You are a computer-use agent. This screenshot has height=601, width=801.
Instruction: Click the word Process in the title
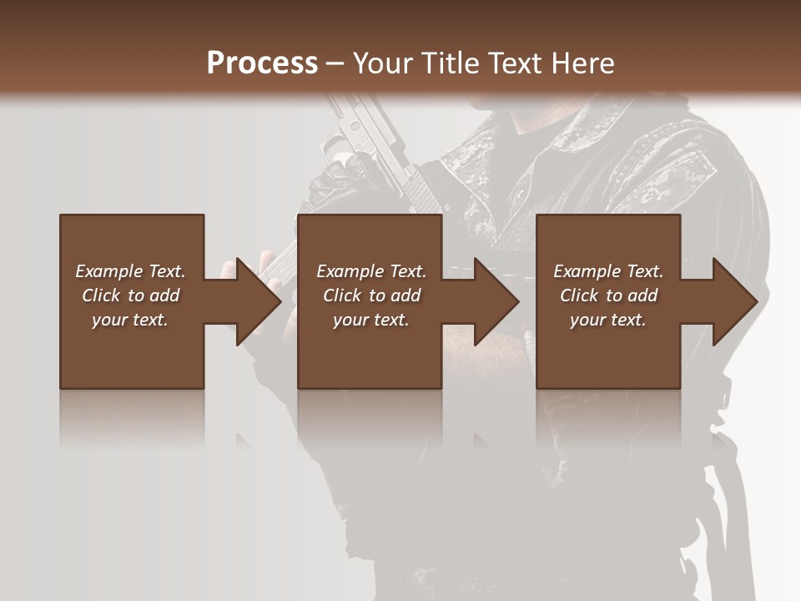point(262,63)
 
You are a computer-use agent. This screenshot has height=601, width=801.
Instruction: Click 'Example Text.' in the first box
point(130,271)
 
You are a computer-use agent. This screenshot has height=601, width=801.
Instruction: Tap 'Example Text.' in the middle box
point(371,271)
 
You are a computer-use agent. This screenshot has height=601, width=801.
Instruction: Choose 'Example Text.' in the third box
point(608,271)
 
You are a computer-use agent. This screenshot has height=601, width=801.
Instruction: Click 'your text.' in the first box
point(130,320)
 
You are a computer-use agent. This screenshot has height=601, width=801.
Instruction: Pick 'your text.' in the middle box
point(371,320)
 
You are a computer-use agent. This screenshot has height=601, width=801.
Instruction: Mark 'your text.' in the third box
point(608,320)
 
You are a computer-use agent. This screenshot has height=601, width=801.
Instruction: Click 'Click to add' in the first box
point(130,295)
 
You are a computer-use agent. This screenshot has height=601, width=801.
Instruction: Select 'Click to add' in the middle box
point(371,295)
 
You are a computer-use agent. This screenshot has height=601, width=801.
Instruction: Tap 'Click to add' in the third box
point(608,295)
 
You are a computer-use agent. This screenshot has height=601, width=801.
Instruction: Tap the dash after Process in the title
point(335,63)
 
